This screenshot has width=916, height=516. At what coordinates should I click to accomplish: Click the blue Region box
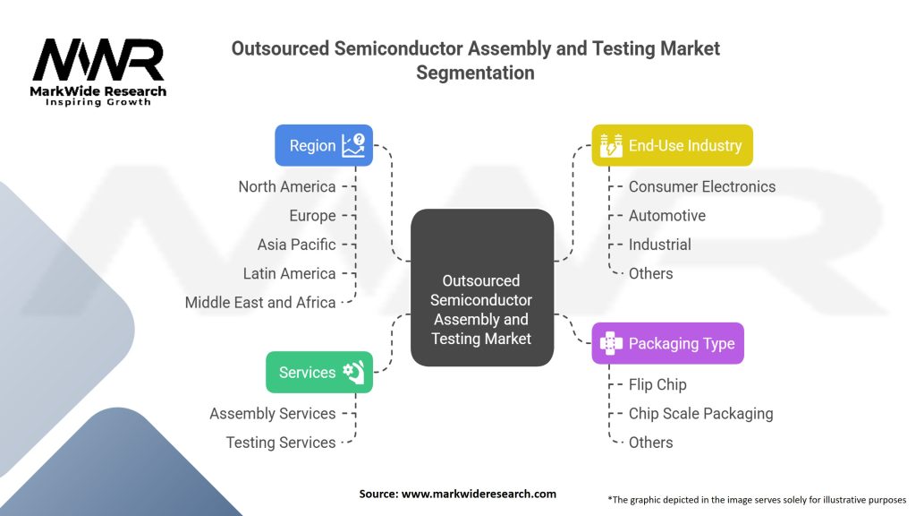323,145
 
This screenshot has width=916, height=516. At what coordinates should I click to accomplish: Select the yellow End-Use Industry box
672,145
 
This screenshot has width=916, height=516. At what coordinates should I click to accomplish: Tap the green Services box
318,372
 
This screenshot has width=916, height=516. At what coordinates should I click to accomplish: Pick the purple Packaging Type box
667,343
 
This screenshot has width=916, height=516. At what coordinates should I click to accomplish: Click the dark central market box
481,288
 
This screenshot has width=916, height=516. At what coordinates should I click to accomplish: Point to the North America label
287,187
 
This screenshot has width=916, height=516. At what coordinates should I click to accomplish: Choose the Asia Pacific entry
296,245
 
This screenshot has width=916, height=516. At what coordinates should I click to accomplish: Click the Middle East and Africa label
260,302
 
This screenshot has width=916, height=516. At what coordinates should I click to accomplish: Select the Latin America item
289,273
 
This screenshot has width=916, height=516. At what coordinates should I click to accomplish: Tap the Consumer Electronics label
702,187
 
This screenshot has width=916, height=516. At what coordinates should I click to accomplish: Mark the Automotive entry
666,216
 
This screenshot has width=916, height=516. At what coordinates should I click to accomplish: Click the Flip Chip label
657,384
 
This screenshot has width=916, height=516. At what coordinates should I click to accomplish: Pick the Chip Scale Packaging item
700,413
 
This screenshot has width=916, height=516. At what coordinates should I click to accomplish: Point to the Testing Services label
281,442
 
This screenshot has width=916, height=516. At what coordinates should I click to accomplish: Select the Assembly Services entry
273,413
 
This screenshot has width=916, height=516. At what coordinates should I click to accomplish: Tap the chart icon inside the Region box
353,145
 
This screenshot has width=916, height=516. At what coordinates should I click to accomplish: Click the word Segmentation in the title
475,73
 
